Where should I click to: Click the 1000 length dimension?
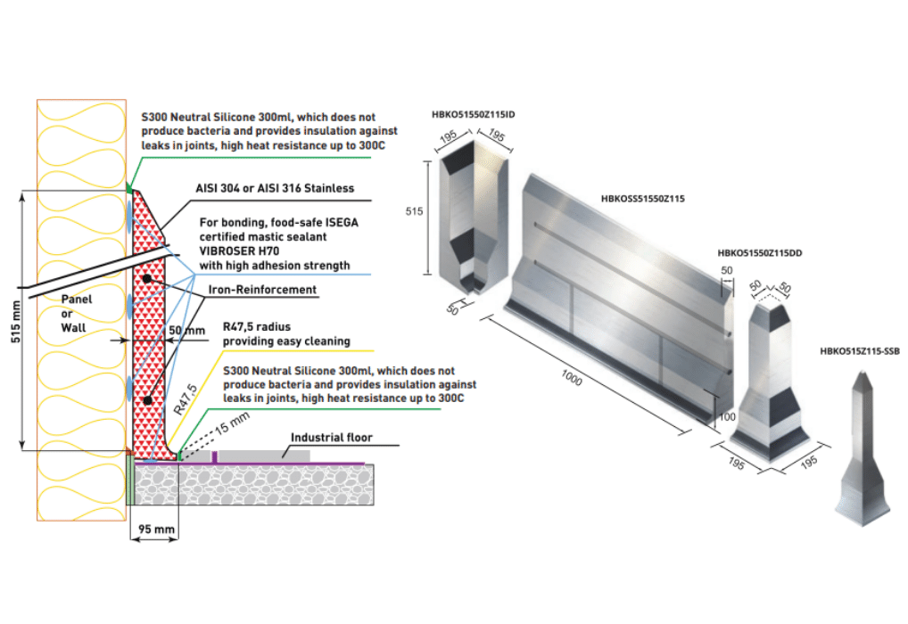pos(572,380)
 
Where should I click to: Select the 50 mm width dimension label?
pos(185,329)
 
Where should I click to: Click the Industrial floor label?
pos(330,437)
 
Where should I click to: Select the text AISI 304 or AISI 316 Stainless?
pos(275,188)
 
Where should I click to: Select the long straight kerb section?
pos(615,294)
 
